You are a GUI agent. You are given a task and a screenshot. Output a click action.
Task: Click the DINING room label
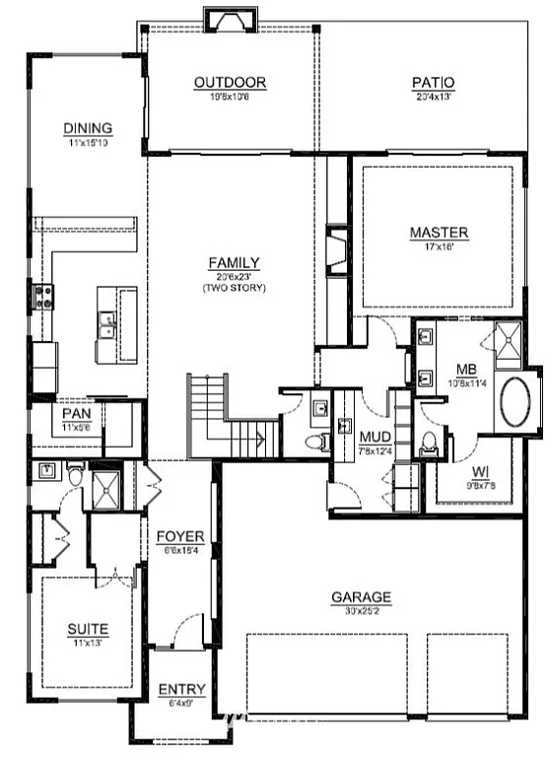[88, 128]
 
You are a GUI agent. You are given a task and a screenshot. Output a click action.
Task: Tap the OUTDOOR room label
[230, 83]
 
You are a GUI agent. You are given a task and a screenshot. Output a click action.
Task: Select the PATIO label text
[433, 83]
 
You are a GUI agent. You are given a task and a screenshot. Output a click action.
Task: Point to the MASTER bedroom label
[439, 234]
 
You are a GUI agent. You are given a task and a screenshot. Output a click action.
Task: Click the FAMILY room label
[234, 263]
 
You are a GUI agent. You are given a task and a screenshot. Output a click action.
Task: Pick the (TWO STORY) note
[234, 288]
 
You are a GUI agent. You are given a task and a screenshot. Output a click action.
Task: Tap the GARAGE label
[361, 597]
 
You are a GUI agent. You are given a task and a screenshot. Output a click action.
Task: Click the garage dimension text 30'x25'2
[361, 610]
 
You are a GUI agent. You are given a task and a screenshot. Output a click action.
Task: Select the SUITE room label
[88, 628]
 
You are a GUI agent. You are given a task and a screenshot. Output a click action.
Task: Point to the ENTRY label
[181, 689]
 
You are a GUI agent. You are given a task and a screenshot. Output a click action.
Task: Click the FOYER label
[180, 537]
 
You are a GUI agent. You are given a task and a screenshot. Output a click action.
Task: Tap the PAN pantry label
[76, 415]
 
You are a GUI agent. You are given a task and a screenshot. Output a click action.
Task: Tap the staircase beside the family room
[219, 420]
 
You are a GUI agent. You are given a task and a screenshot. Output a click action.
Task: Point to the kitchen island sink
[107, 323]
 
